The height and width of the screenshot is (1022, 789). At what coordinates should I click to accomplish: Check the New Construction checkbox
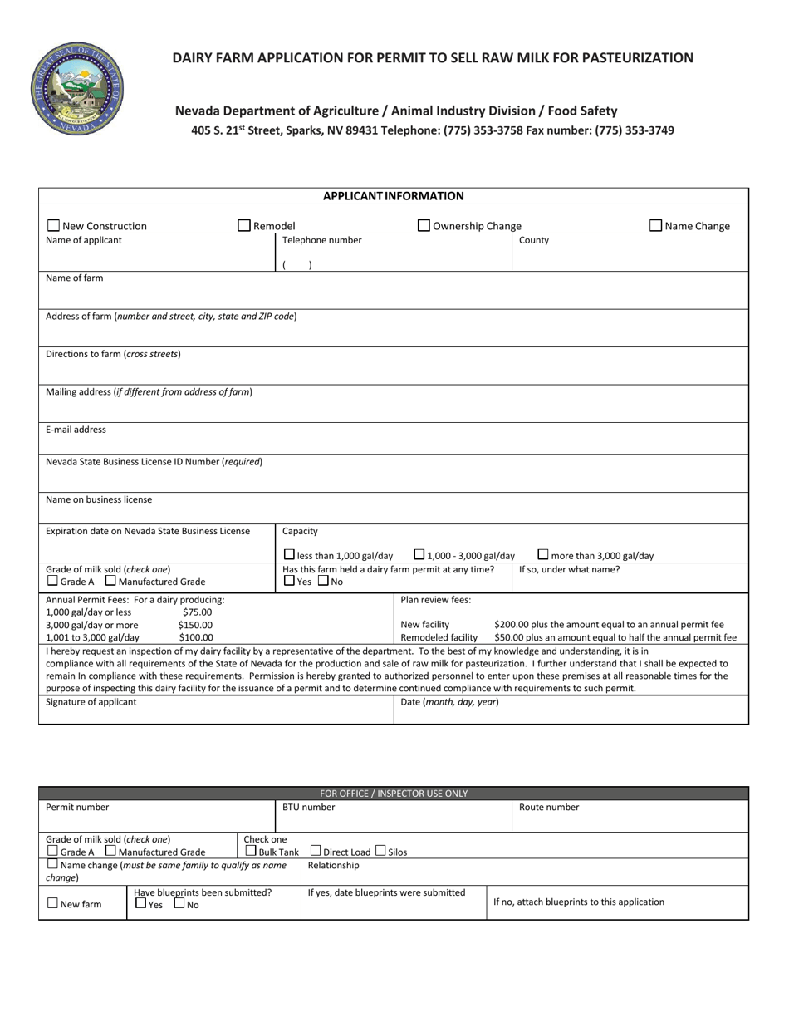tap(54, 225)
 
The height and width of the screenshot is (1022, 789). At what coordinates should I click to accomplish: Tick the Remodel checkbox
tap(245, 225)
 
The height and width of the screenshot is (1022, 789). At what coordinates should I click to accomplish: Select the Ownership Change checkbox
tap(424, 225)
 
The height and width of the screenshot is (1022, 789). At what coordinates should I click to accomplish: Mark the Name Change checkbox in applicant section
tap(656, 225)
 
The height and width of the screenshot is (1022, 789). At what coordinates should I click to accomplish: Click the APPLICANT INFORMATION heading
tap(393, 196)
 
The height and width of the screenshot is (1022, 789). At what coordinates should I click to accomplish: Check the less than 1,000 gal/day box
tap(289, 555)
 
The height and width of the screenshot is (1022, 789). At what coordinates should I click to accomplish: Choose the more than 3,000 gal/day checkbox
tap(543, 555)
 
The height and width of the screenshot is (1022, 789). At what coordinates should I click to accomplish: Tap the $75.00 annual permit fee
tap(197, 612)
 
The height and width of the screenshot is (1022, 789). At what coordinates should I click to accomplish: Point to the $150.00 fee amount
tap(195, 625)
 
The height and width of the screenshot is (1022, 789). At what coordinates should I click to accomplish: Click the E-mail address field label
tap(76, 430)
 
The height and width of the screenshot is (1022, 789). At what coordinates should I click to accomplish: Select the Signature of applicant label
tap(91, 702)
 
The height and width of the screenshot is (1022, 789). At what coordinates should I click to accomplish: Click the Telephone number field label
tap(322, 240)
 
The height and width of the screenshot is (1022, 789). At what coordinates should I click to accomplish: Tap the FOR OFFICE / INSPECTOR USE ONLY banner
tap(394, 794)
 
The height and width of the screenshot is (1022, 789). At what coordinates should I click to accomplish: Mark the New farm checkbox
tap(53, 904)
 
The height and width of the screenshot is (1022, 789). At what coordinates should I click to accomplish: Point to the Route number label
tap(549, 807)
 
